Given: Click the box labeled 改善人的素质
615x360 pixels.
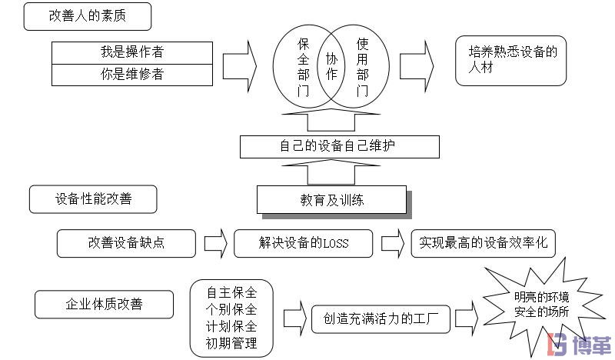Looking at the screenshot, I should pyautogui.click(x=87, y=16).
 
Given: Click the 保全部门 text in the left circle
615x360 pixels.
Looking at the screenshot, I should pyautogui.click(x=303, y=68).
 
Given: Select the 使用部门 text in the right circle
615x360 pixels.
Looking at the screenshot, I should pyautogui.click(x=362, y=68).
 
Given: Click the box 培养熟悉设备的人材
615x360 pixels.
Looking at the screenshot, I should pyautogui.click(x=510, y=60).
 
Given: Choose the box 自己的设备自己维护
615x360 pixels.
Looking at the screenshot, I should pyautogui.click(x=339, y=145).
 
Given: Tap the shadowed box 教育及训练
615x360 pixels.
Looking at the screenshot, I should pyautogui.click(x=331, y=200).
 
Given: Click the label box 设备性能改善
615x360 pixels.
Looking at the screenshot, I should pyautogui.click(x=93, y=198).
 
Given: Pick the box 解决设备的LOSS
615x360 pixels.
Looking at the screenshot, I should pyautogui.click(x=303, y=243).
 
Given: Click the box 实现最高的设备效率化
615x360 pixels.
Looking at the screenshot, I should pyautogui.click(x=483, y=243).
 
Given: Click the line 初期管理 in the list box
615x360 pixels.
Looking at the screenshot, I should pyautogui.click(x=231, y=342).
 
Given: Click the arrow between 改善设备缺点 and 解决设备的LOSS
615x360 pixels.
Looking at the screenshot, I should pyautogui.click(x=216, y=243).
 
